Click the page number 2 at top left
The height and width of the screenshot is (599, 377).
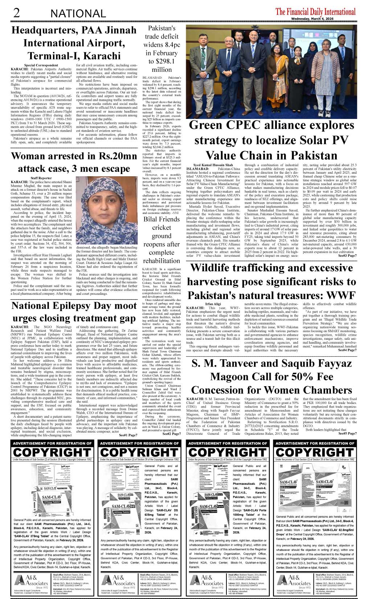click(x=16, y=13)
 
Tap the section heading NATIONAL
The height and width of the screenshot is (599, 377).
click(x=78, y=14)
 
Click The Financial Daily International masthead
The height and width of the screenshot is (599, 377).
click(x=315, y=11)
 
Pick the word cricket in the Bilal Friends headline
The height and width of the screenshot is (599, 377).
click(x=161, y=227)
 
